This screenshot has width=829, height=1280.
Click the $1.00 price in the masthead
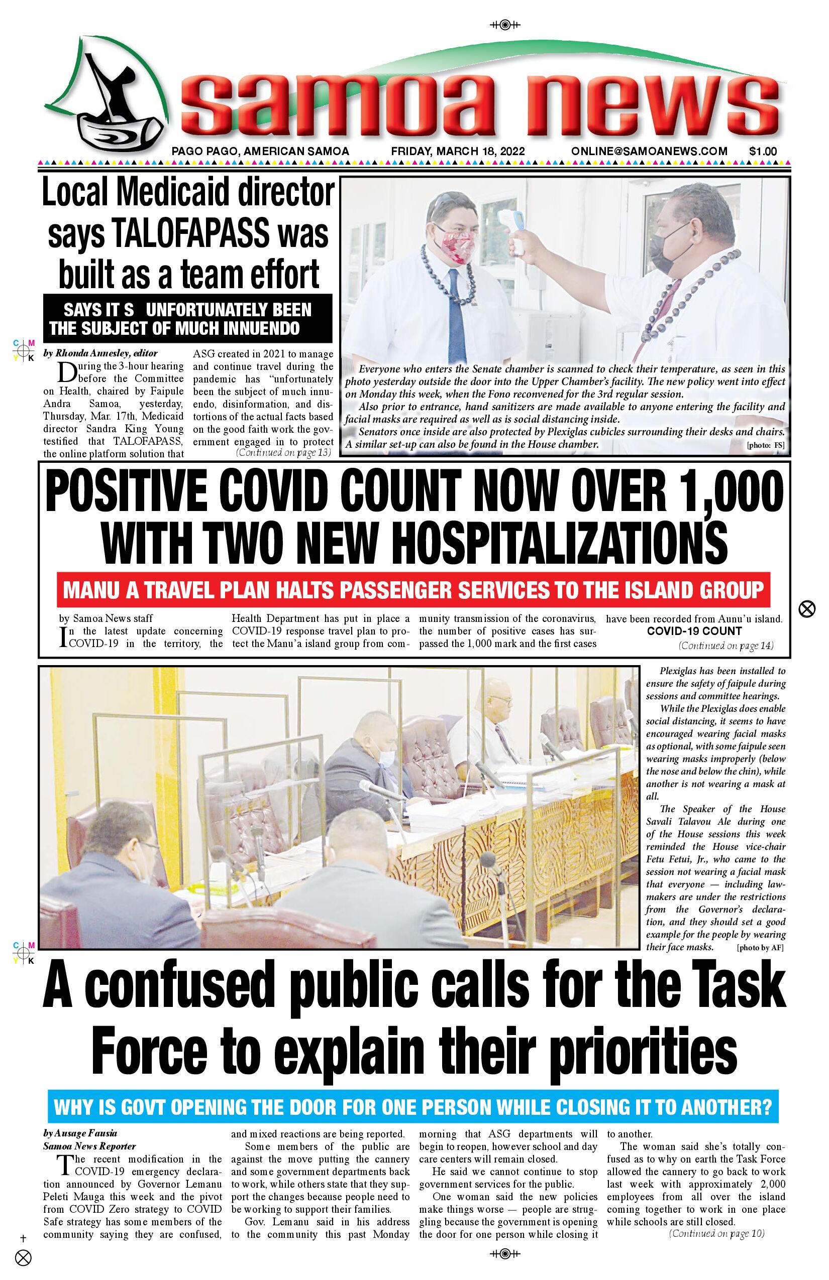[x=763, y=152]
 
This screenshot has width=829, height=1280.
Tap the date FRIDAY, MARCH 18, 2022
[x=458, y=152]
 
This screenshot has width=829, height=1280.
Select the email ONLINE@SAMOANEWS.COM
[x=649, y=152]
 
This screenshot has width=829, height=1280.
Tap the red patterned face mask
[x=458, y=242]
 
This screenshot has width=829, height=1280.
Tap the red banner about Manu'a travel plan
[x=413, y=590]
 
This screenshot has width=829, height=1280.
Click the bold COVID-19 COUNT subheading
[x=694, y=631]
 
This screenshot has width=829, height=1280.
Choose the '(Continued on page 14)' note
[x=726, y=646]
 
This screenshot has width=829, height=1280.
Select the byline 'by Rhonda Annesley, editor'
[x=100, y=353]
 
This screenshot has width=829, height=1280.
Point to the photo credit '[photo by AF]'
[x=760, y=948]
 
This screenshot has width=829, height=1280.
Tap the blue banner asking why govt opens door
[x=413, y=1107]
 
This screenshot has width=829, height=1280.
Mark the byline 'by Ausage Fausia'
[x=80, y=1133]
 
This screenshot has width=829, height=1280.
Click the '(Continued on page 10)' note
[x=716, y=1234]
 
